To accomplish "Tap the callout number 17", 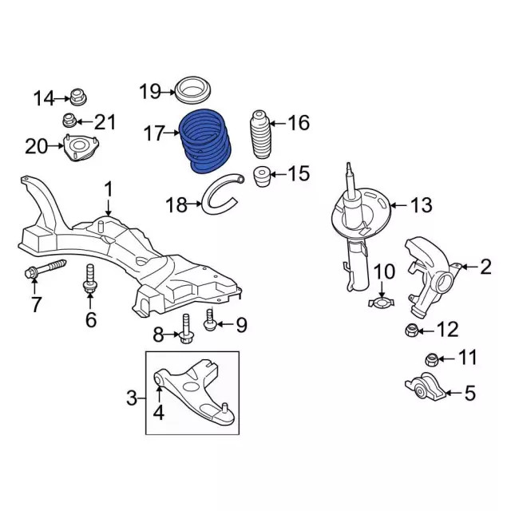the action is (155, 133).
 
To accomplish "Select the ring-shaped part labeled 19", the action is (192, 89).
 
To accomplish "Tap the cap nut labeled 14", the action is (78, 97).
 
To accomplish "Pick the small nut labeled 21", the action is (71, 122).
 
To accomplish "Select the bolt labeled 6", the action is (90, 279).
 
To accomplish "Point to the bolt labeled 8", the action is (185, 330).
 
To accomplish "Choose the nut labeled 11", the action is (430, 360).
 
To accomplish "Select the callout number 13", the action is (421, 205).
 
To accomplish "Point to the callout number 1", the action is (109, 190).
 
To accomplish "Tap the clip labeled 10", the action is (384, 301).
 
